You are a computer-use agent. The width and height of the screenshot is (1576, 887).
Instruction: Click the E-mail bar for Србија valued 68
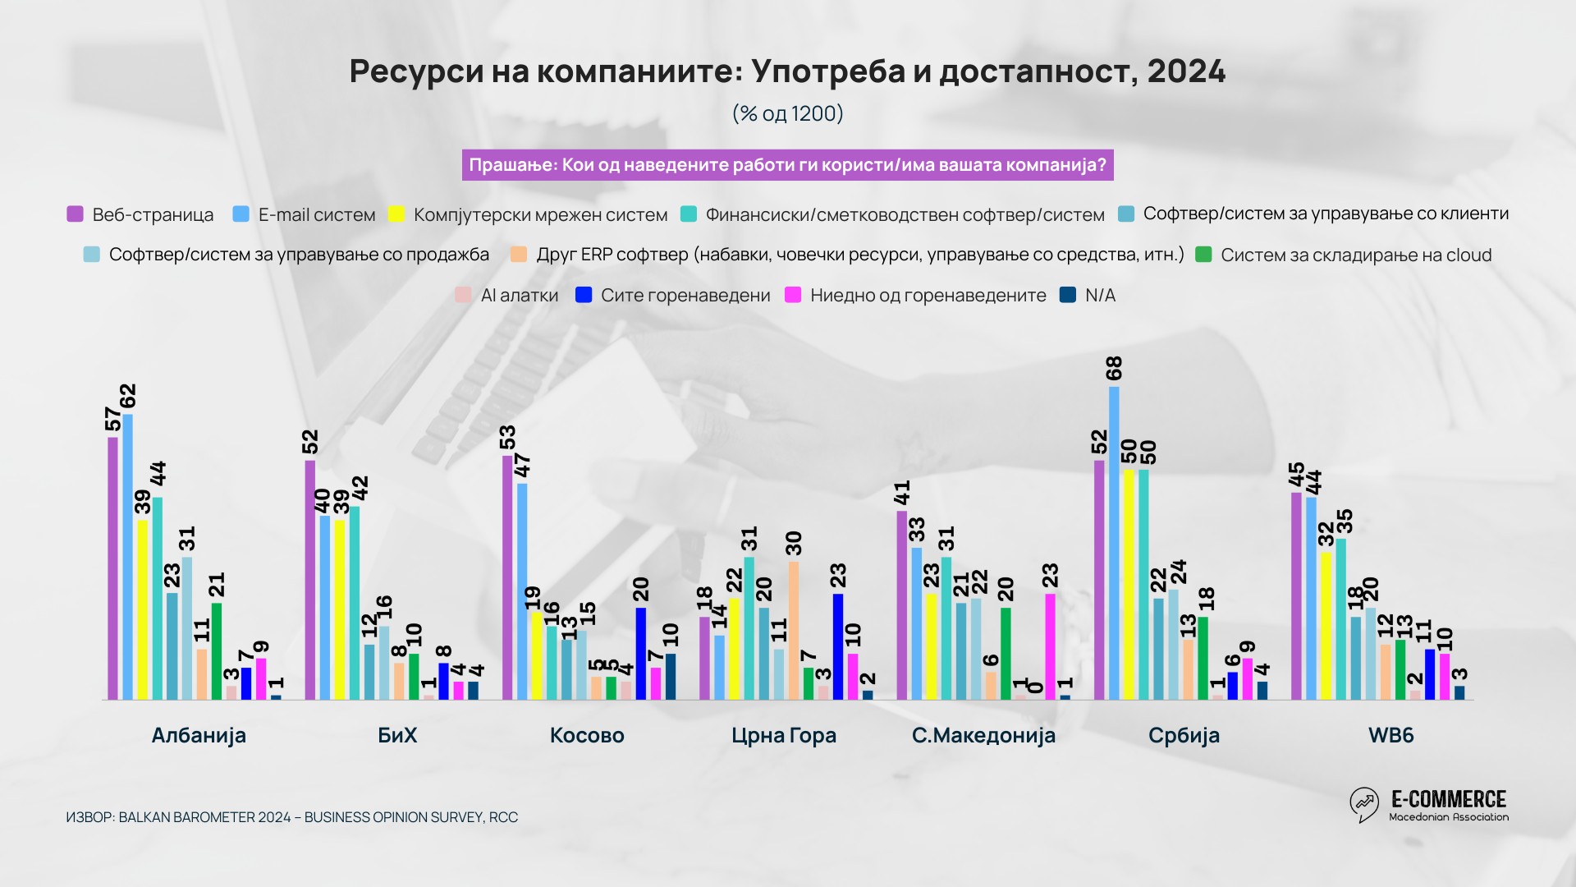click(1114, 543)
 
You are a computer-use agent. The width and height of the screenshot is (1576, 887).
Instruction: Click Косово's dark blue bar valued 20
click(641, 653)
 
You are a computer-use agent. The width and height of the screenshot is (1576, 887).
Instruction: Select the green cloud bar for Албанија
click(217, 651)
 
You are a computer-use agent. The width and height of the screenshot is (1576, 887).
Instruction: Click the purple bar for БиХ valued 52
click(309, 580)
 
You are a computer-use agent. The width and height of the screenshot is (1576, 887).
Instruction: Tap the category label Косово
click(587, 735)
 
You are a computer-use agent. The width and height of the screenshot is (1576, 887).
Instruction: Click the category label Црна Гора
click(784, 735)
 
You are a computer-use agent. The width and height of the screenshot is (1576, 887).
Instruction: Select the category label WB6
click(1390, 735)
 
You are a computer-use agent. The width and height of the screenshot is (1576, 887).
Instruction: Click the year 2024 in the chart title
click(1186, 71)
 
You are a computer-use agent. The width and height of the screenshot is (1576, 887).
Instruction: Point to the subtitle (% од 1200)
click(788, 113)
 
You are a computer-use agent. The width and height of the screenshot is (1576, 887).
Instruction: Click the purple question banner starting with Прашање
click(787, 165)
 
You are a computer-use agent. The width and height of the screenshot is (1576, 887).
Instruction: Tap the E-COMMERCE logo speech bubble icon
click(1364, 804)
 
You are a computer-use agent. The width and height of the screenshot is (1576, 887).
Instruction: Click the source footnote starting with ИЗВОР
click(292, 817)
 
